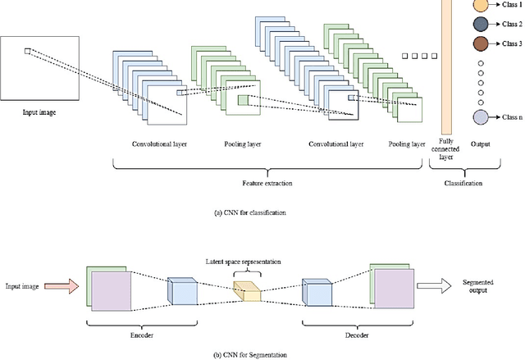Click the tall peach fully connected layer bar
(x=447, y=66)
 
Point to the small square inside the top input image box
(x=27, y=52)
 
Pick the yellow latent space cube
(x=245, y=289)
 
